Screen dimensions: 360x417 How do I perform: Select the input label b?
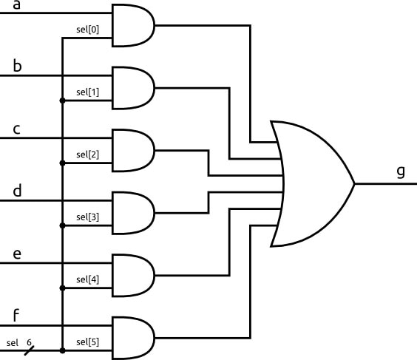coord(17,66)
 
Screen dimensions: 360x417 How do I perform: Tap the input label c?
coord(16,129)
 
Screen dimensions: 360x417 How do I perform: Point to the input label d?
coord(17,191)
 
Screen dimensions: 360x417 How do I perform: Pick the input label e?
coord(17,254)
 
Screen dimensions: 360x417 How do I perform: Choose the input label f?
coord(16,316)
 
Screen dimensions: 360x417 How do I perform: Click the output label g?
coord(401,171)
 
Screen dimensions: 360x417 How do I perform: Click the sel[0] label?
coord(87,30)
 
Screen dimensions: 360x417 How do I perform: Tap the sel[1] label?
coord(87,92)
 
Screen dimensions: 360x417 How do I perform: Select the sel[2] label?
coord(87,154)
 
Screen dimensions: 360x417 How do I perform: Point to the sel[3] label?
coord(87,217)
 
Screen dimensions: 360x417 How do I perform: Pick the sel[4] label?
coord(87,279)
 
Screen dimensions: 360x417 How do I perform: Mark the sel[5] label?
coord(87,342)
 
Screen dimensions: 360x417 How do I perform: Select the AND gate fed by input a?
coord(132,26)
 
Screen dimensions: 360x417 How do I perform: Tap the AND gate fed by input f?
coord(132,338)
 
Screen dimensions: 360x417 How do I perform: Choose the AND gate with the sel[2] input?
coord(132,151)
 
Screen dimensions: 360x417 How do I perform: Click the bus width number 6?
coord(29,343)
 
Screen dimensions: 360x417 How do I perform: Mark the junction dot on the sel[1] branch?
coord(62,100)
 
